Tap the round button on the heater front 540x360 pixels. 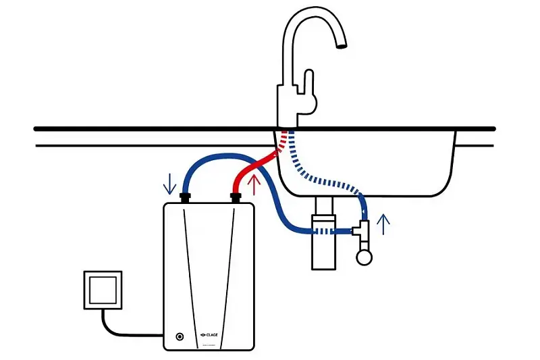(180, 336)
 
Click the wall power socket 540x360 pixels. (103, 290)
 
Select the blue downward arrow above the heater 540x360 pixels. (169, 182)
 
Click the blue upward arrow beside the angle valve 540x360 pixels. (383, 224)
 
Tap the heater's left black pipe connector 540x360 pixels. (187, 198)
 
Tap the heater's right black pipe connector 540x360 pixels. (236, 198)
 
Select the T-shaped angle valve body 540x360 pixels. (362, 232)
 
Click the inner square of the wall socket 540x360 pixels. (103, 290)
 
